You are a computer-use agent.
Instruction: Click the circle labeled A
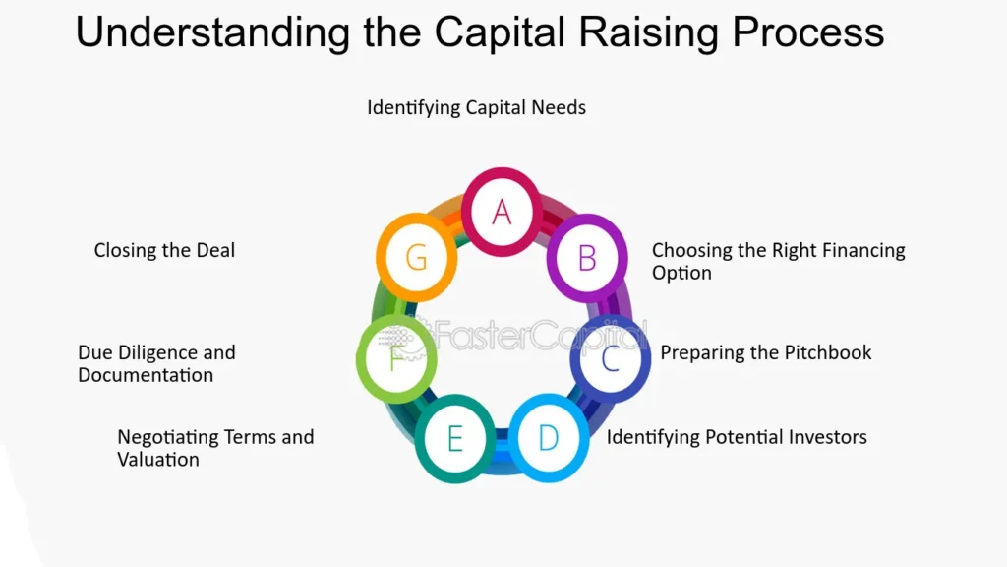(x=502, y=213)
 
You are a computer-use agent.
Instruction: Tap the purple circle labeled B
(x=587, y=259)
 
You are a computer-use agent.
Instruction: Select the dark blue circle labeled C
(x=610, y=358)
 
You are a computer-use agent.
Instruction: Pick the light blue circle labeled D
(x=549, y=438)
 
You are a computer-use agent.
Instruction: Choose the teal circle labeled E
(x=454, y=439)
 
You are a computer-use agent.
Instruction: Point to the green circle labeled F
(x=396, y=358)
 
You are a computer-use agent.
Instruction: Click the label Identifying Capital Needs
(x=477, y=107)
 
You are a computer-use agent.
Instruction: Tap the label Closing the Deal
(x=164, y=250)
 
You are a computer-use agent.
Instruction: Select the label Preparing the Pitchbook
(x=765, y=353)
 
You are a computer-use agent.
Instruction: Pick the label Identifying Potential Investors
(x=737, y=437)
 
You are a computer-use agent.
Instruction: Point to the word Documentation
(x=146, y=375)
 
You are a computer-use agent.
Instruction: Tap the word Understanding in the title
(x=212, y=32)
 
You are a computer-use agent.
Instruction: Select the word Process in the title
(x=808, y=32)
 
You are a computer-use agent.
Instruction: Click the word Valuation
(x=158, y=460)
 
